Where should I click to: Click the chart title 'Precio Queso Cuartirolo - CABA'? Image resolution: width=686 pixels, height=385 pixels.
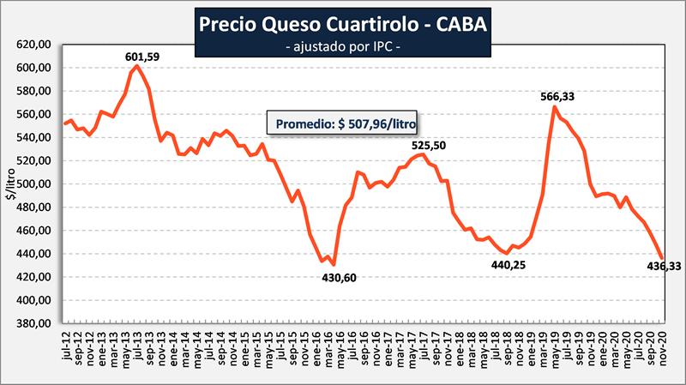click(x=342, y=24)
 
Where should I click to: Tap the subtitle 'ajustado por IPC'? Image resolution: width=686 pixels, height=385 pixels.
click(x=342, y=45)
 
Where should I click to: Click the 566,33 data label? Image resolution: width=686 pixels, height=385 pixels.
click(x=556, y=97)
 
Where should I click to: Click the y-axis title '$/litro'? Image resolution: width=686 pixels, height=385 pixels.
click(x=10, y=184)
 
